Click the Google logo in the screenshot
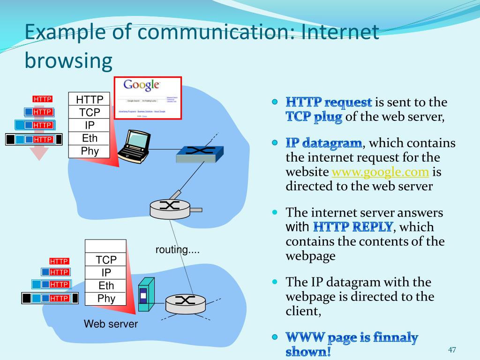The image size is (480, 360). (142, 85)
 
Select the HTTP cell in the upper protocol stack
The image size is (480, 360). (90, 99)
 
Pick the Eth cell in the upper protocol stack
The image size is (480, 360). (90, 138)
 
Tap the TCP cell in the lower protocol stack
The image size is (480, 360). (106, 260)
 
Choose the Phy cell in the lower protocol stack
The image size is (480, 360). (106, 299)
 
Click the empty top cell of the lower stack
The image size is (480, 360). (106, 246)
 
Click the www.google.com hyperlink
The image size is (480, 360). (380, 172)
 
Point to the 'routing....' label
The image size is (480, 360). (178, 250)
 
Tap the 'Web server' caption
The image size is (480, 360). (111, 324)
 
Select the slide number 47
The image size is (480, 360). (452, 350)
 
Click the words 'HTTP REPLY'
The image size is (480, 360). (352, 227)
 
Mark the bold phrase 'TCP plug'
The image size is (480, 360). (314, 117)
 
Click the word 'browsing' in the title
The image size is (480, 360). (68, 60)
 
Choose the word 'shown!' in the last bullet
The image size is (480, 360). (308, 352)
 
